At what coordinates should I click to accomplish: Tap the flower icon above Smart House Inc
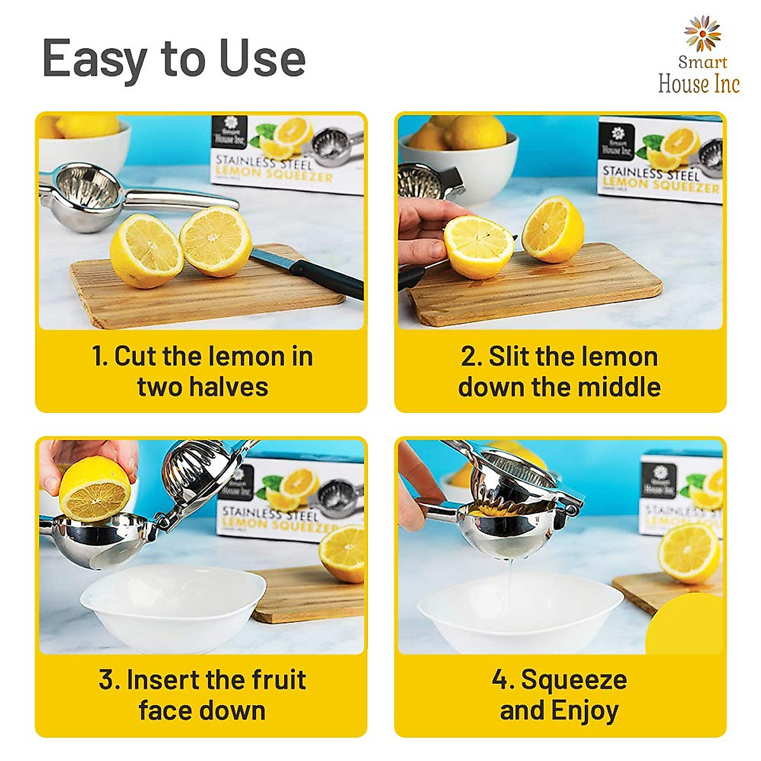pyautogui.click(x=702, y=34)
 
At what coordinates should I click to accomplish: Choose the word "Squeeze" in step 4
pyautogui.click(x=574, y=680)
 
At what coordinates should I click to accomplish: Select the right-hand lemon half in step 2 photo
pyautogui.click(x=554, y=229)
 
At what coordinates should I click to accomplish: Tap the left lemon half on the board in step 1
pyautogui.click(x=146, y=251)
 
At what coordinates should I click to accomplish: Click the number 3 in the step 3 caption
pyautogui.click(x=109, y=680)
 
